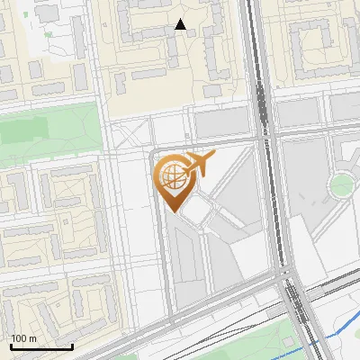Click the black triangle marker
(181, 25)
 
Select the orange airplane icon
(201, 165)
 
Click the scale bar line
(41, 346)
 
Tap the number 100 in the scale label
(19, 338)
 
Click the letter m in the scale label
(32, 338)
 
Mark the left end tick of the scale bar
(11, 346)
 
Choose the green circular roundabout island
(342, 186)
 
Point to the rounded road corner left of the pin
(154, 154)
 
